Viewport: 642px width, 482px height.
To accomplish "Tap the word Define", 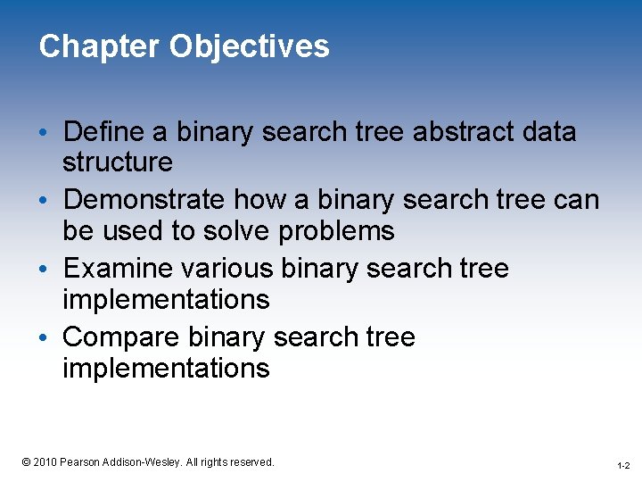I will pos(107,132).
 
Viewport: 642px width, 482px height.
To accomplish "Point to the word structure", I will pos(118,162).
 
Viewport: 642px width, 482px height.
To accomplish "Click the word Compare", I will pos(121,337).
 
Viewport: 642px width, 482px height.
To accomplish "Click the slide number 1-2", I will pos(623,466).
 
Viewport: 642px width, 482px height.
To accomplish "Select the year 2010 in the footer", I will pos(45,462).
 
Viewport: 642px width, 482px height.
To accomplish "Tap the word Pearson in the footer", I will pos(80,462).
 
